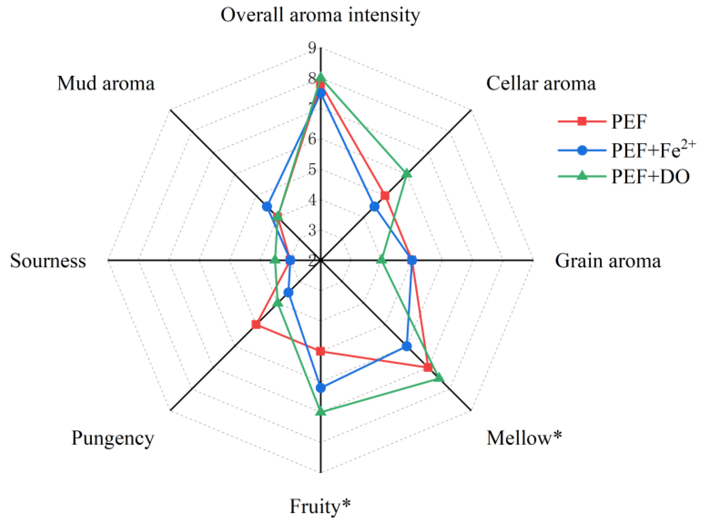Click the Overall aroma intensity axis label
pyautogui.click(x=320, y=15)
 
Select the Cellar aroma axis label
pyautogui.click(x=541, y=84)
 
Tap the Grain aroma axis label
pyautogui.click(x=608, y=261)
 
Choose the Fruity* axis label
pyautogui.click(x=320, y=506)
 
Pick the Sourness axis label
pyautogui.click(x=48, y=261)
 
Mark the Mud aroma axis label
pyautogui.click(x=106, y=84)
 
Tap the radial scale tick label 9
pyautogui.click(x=312, y=48)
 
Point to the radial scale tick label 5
pyautogui.click(x=312, y=169)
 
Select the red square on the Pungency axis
pyautogui.click(x=256, y=325)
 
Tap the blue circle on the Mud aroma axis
pyautogui.click(x=267, y=206)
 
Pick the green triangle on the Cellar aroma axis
pyautogui.click(x=406, y=173)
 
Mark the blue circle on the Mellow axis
pyautogui.click(x=406, y=346)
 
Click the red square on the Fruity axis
pyautogui.click(x=320, y=351)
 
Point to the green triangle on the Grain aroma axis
pyautogui.click(x=381, y=260)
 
